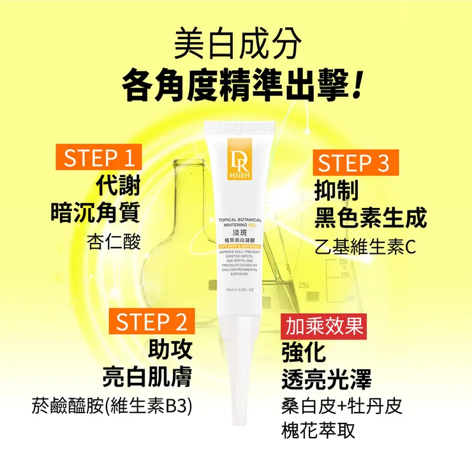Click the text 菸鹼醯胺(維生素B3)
112,406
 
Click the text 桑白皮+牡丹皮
342,406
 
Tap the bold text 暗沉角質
95,213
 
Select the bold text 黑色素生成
370,218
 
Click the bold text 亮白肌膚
147,376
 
